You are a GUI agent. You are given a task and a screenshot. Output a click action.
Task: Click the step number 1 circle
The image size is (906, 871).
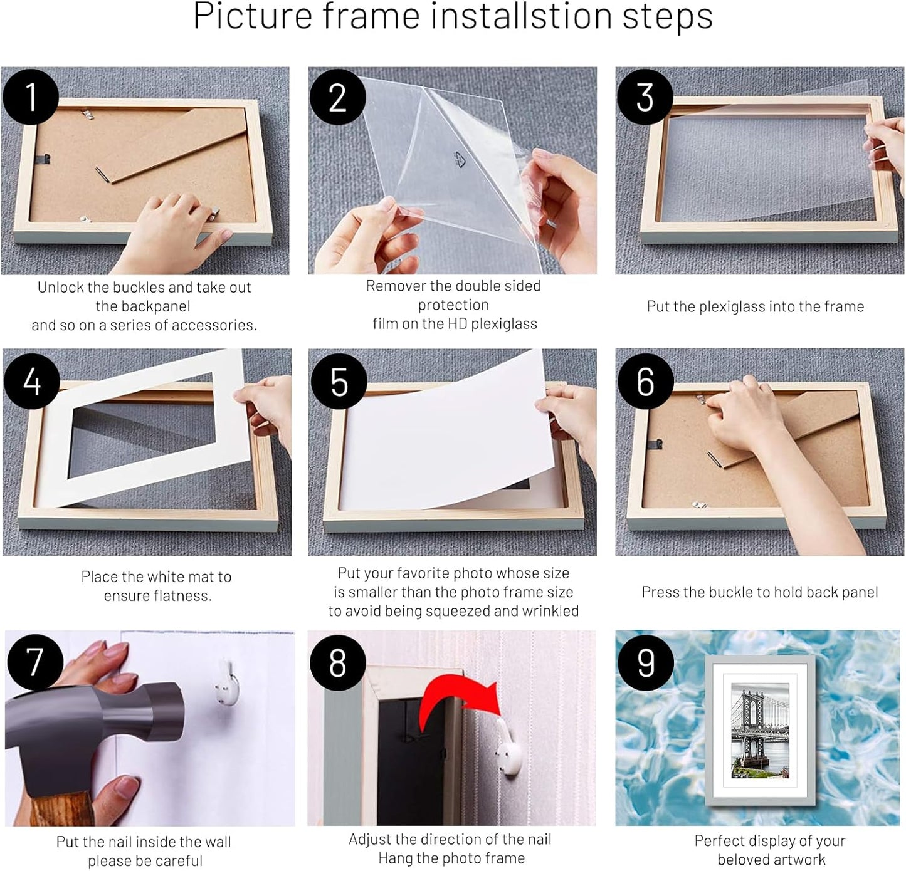[x=31, y=97]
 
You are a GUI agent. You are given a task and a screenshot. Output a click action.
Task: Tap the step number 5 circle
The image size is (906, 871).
[x=339, y=381]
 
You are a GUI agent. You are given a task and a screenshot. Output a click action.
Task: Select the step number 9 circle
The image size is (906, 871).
[x=645, y=662]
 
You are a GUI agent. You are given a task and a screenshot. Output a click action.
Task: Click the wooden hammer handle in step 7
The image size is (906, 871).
[x=60, y=808]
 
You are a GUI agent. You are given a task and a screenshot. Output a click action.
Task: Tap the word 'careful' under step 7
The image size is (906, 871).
[x=177, y=861]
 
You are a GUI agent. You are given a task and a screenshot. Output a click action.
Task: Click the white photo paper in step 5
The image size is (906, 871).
[x=439, y=439]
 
